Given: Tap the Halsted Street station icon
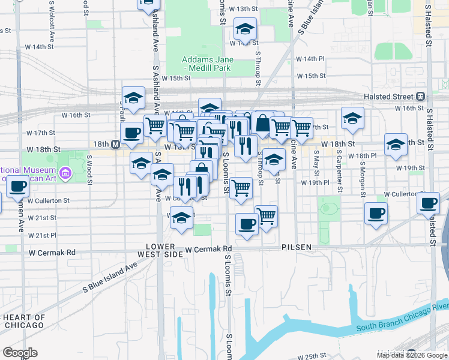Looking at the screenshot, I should (421, 96).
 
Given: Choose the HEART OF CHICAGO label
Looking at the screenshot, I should (23, 321).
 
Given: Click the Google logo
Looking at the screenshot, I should (20, 353).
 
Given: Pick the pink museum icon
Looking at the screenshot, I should (65, 175).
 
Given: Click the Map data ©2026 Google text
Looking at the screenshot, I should (412, 355).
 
